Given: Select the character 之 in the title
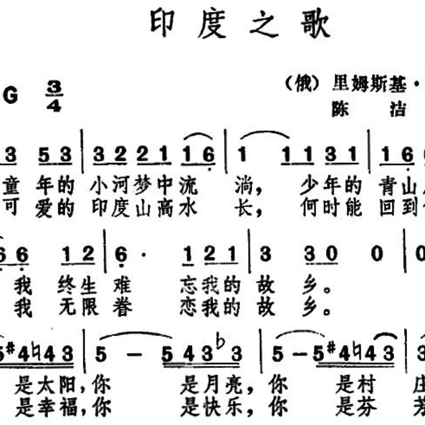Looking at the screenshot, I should pyautogui.click(x=264, y=24).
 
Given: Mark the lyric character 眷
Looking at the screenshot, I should pyautogui.click(x=122, y=309).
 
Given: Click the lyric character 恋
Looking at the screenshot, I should pyautogui.click(x=188, y=309).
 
